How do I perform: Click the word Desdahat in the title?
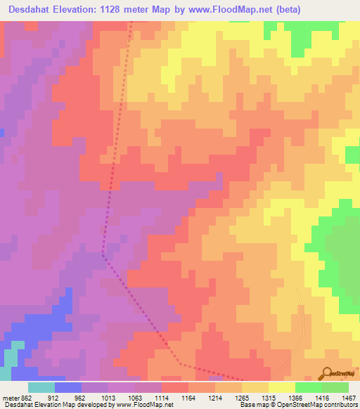[x=29, y=10]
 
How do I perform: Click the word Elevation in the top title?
[x=84, y=10]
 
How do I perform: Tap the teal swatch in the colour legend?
[x=41, y=387]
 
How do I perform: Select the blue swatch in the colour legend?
[x=68, y=387]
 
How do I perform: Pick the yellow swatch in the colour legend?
[x=282, y=387]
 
